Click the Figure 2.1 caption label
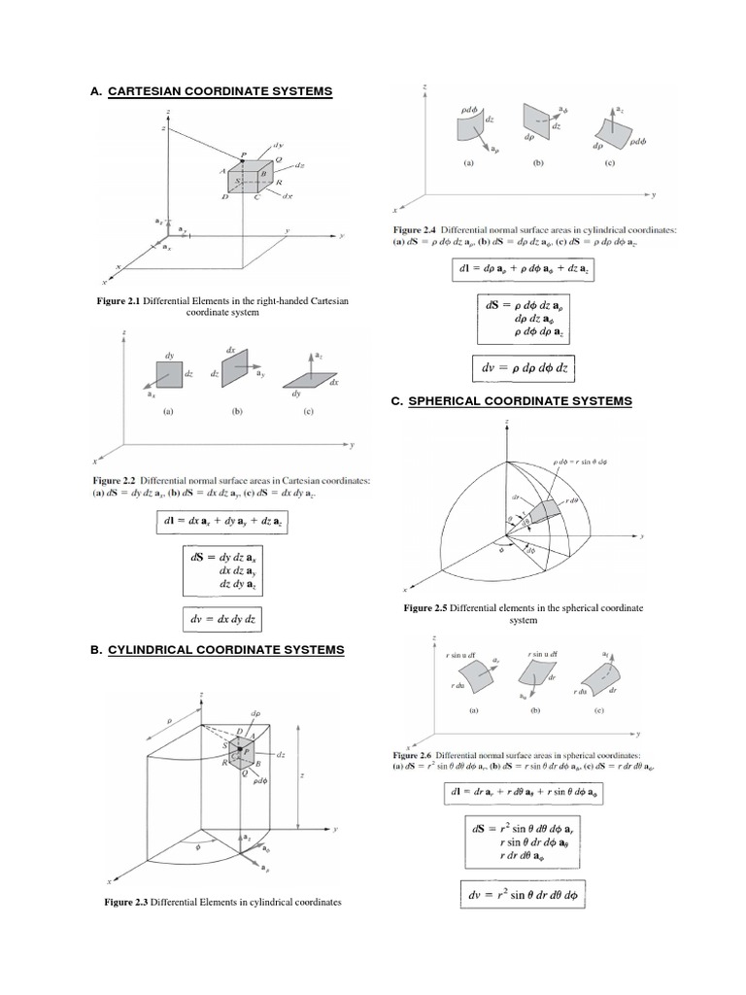click(x=119, y=302)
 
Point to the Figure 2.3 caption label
click(x=126, y=903)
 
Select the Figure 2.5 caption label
click(x=433, y=607)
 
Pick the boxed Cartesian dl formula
click(x=222, y=523)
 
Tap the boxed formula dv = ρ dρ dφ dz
click(x=518, y=368)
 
